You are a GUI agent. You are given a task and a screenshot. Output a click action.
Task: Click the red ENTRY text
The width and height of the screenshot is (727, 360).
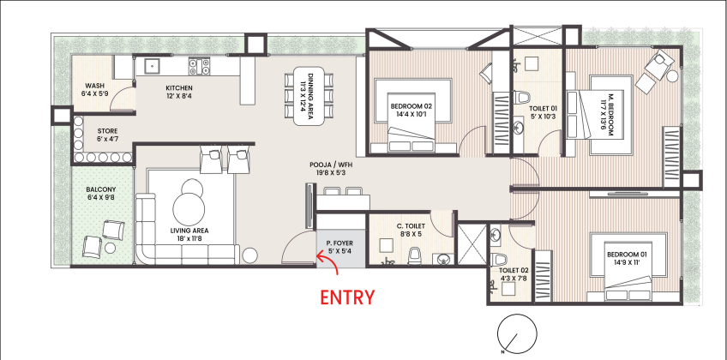pos(347,297)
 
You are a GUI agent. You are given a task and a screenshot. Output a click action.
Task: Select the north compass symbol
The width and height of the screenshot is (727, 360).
pos(516,333)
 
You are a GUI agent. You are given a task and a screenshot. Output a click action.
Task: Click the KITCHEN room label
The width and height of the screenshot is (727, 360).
pos(179,88)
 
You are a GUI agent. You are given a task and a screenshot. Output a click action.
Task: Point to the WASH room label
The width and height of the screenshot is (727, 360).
pos(94,86)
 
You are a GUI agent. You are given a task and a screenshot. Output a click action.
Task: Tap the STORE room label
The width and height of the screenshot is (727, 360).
pos(107,131)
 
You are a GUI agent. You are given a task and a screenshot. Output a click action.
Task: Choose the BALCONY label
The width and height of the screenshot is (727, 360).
pos(101,189)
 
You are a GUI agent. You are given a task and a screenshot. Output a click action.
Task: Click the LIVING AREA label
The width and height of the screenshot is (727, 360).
pos(189,231)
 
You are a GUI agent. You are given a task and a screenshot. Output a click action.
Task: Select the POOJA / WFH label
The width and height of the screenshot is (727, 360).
pos(330,165)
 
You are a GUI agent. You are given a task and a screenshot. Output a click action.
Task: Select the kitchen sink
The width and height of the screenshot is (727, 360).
pos(152,67)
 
